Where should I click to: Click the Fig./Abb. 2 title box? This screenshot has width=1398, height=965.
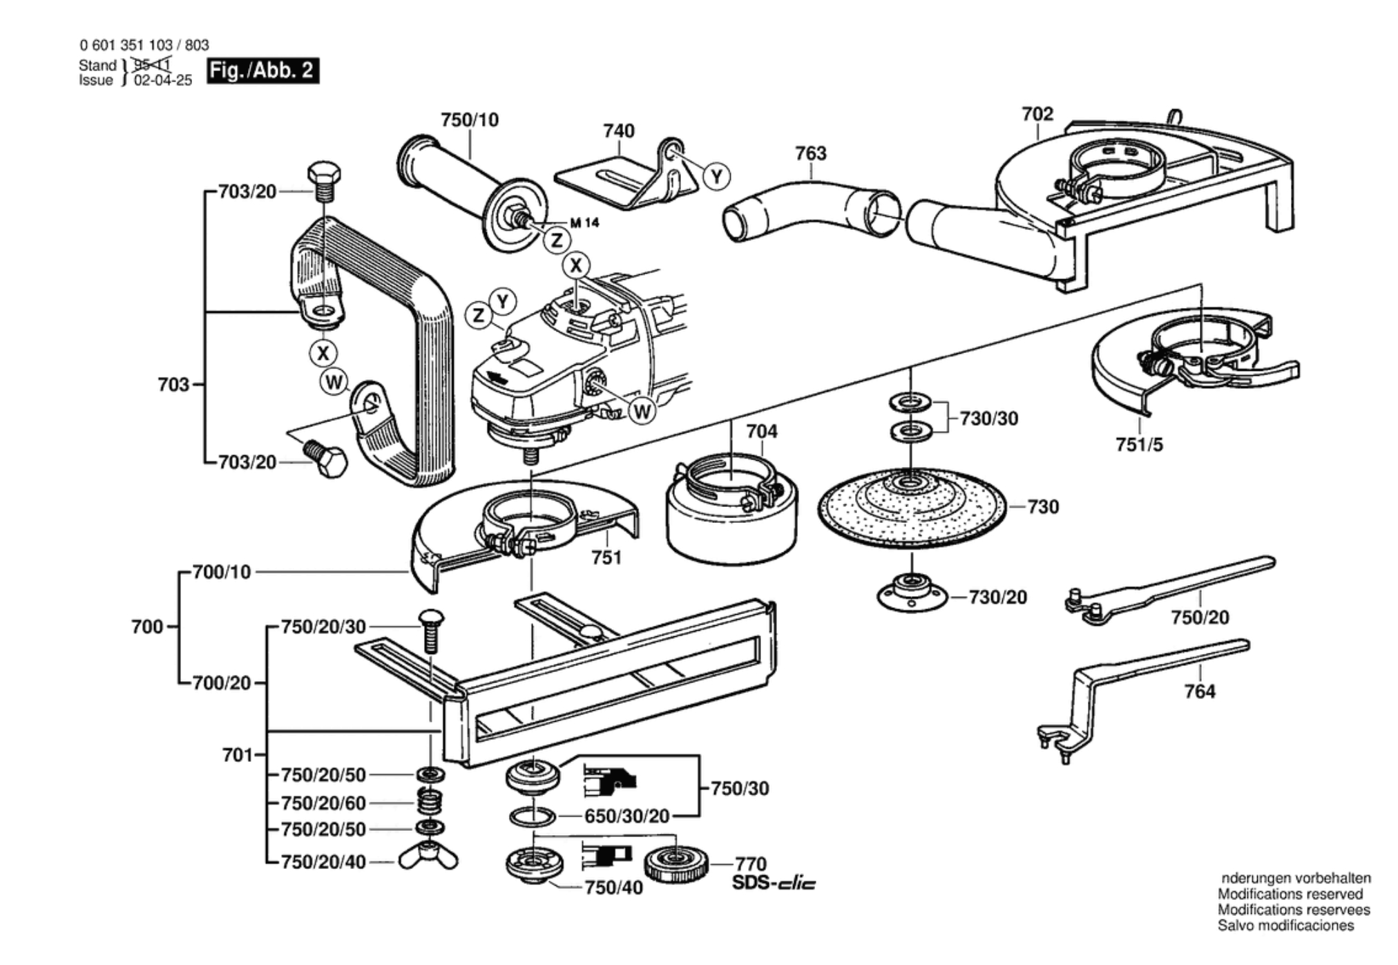coord(262,70)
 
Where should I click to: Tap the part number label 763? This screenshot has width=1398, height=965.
coord(810,153)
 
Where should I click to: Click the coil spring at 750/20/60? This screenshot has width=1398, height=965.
coord(430,802)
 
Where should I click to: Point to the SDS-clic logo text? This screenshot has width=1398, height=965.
coord(774,883)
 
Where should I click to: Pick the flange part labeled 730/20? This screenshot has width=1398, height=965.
coord(911,593)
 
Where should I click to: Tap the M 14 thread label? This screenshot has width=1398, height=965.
coord(584,222)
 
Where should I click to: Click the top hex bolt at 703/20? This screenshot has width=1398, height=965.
coord(323,180)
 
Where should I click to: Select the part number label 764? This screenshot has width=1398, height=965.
coord(1199,691)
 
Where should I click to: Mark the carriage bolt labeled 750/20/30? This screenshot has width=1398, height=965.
coord(431,630)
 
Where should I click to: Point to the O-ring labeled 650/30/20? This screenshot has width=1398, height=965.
coord(532,816)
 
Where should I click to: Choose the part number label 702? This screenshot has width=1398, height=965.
coord(1037,114)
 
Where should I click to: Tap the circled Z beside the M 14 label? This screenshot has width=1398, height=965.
coord(557,240)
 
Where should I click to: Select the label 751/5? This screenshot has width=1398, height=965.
coord(1139,445)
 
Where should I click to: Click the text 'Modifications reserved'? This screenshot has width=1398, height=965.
coord(1290,894)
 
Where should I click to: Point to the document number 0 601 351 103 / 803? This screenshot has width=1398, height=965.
coord(144,46)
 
